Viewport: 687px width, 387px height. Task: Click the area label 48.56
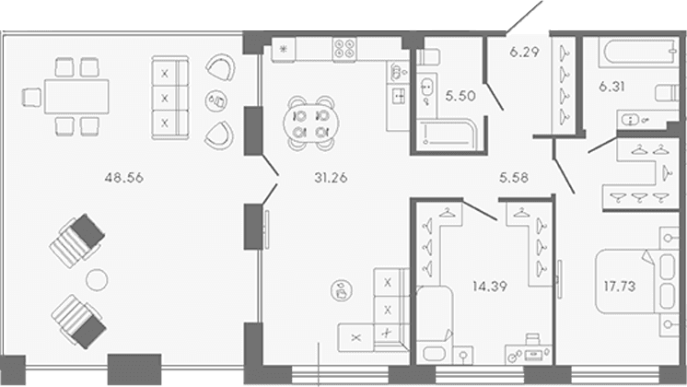[x=124, y=178]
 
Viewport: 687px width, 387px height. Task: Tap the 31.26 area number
[x=331, y=178]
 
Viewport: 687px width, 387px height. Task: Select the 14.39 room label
[x=490, y=287]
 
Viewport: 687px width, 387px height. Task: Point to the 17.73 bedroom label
[x=620, y=287]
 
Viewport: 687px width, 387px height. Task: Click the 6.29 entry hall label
[x=524, y=53]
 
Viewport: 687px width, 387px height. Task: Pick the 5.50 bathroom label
[x=460, y=96]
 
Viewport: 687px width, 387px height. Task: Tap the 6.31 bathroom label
[x=611, y=87]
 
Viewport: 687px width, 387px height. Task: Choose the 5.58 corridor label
[x=514, y=178]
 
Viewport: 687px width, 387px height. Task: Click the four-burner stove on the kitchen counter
[x=344, y=49]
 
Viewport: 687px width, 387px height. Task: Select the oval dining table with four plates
[x=311, y=123]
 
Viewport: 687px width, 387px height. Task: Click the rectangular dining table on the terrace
[x=76, y=97]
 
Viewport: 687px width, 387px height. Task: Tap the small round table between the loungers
[x=97, y=279]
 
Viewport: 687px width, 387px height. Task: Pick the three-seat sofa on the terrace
[x=170, y=98]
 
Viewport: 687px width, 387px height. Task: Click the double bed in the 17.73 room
[x=635, y=281]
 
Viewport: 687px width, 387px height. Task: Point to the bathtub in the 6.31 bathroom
[x=639, y=53]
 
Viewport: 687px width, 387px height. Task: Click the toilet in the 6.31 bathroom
[x=668, y=93]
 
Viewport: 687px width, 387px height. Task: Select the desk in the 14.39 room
[x=529, y=354]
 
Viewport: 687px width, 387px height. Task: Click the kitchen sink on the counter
[x=398, y=96]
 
